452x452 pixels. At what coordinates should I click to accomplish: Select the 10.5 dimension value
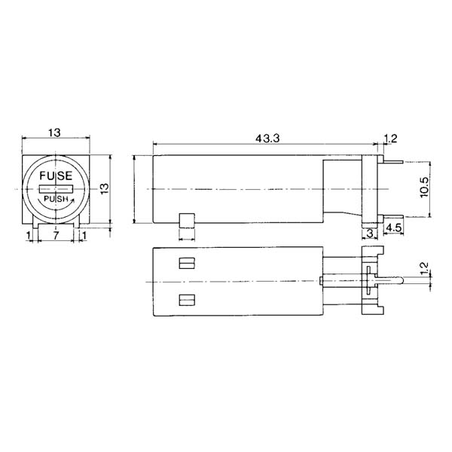point(424,187)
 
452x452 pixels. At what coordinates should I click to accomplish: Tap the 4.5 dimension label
point(392,227)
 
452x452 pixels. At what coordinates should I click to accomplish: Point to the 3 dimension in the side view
point(369,234)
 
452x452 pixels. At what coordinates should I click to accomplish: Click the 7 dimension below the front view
point(56,236)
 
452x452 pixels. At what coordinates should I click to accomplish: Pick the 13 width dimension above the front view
point(54,133)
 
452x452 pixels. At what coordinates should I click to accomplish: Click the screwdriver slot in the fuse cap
point(56,186)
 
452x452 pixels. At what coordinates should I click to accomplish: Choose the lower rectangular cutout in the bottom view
point(186,301)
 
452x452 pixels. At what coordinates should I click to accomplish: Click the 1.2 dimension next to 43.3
point(390,138)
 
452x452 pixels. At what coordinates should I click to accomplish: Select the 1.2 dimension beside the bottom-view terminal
point(423,267)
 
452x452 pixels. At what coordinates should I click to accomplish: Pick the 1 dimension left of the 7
point(29,236)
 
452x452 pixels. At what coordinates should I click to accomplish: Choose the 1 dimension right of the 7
point(84,236)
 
